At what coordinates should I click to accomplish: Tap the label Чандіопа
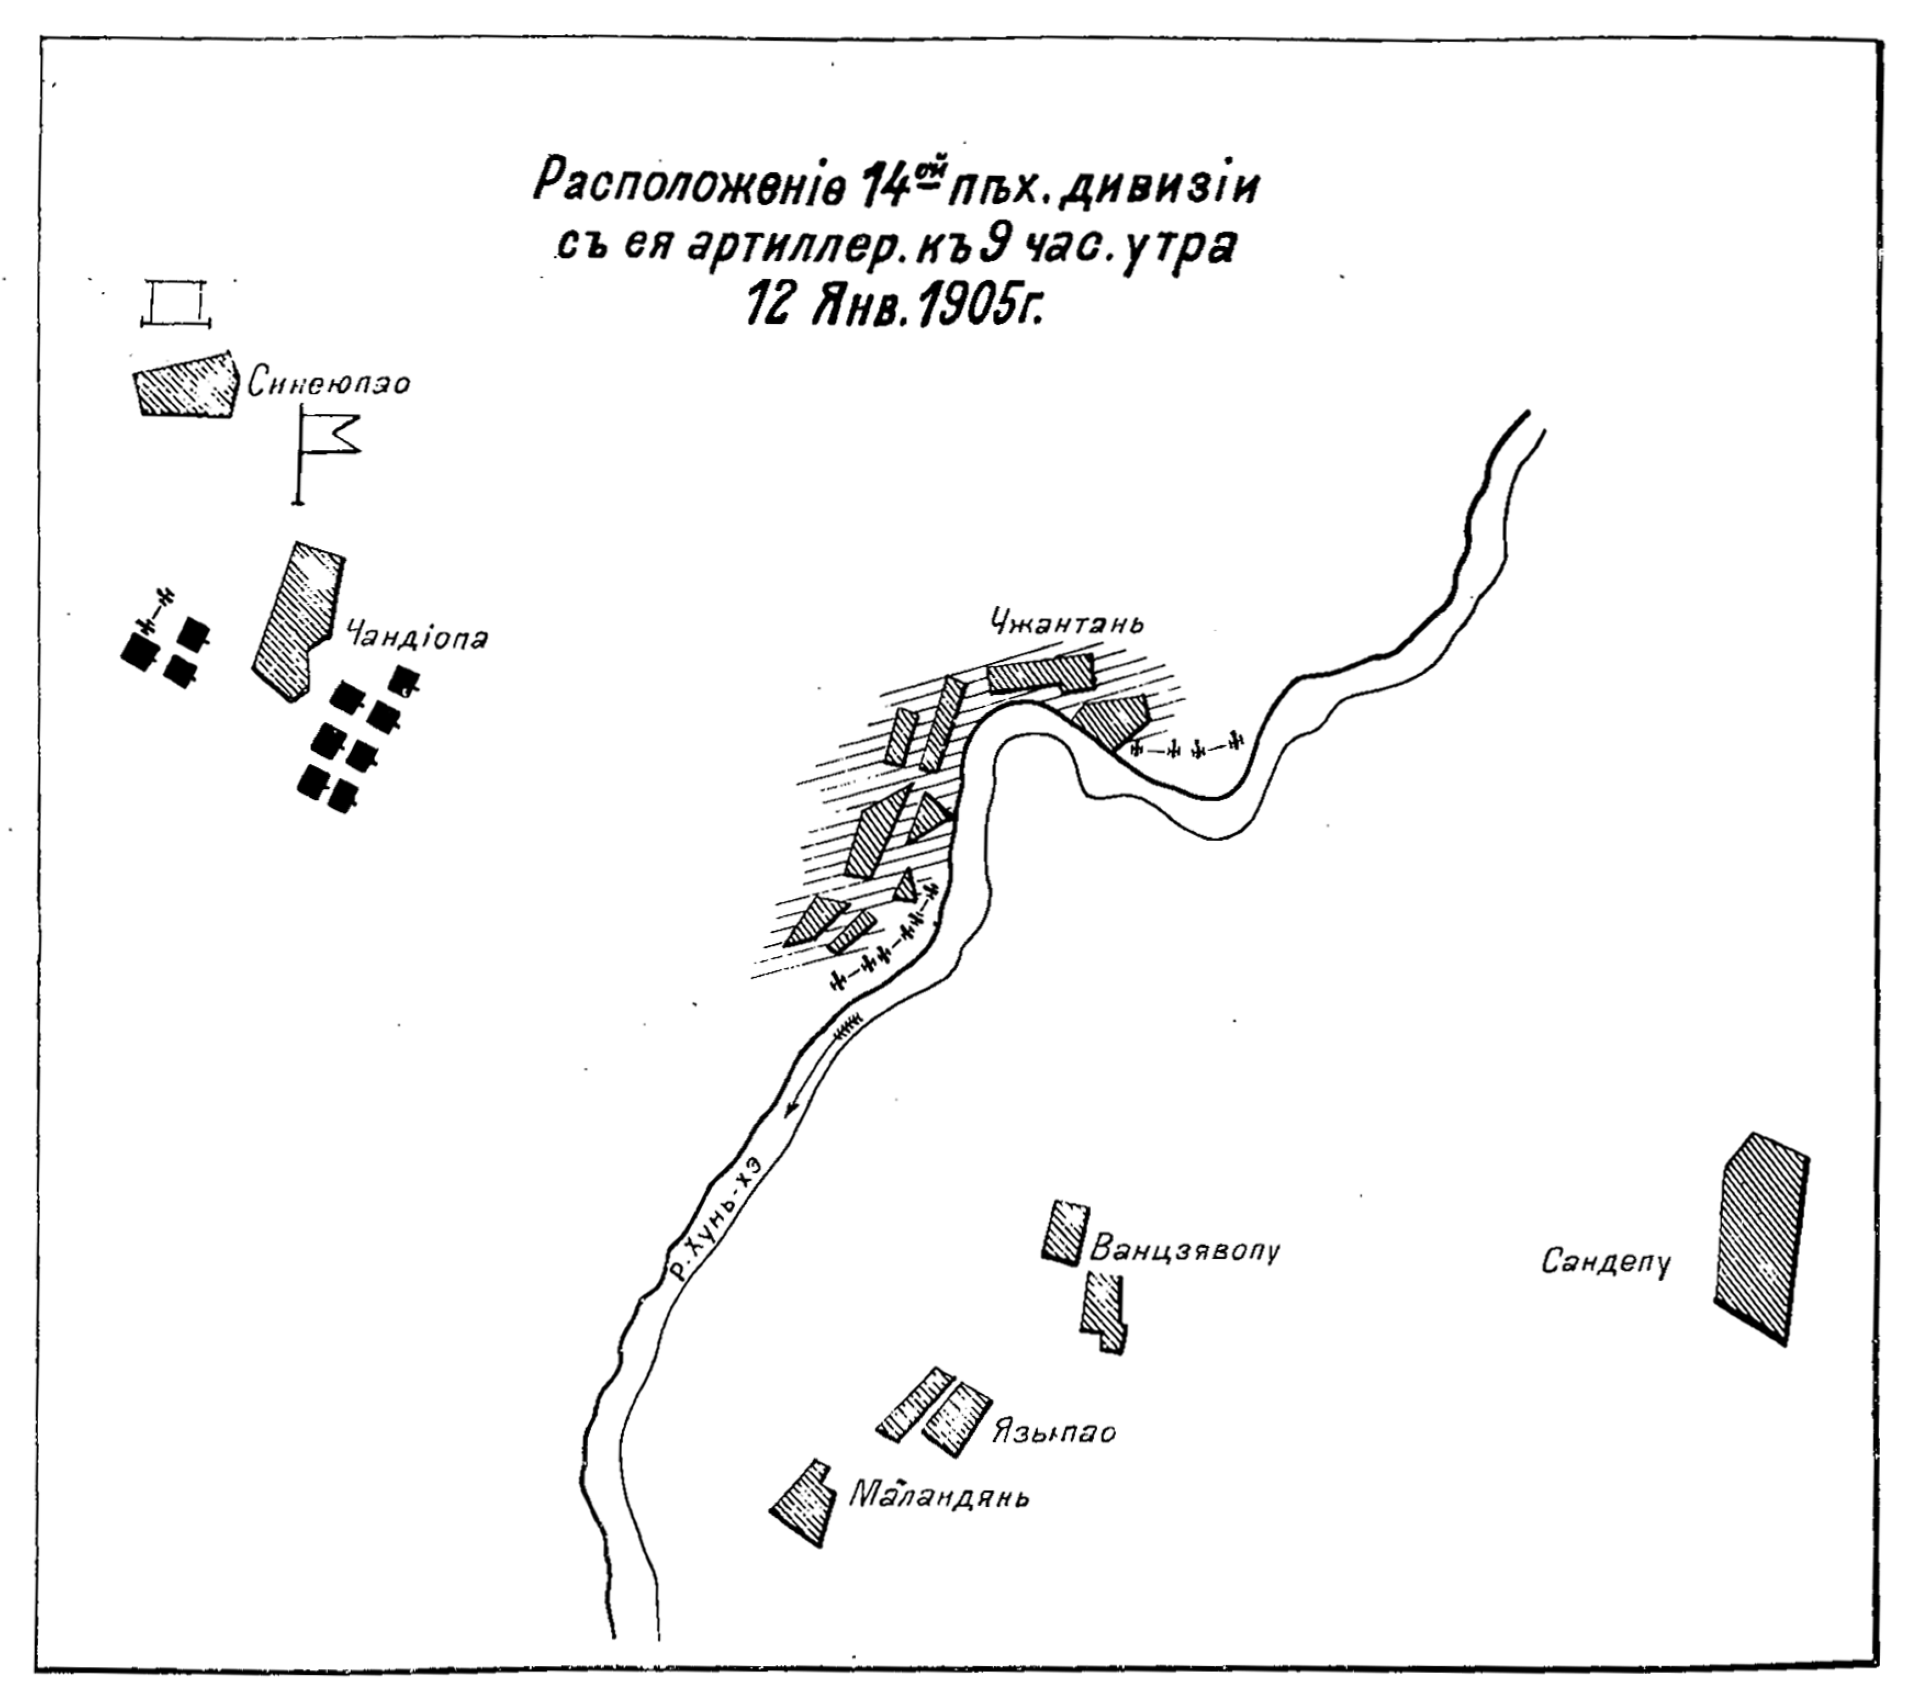[417, 639]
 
